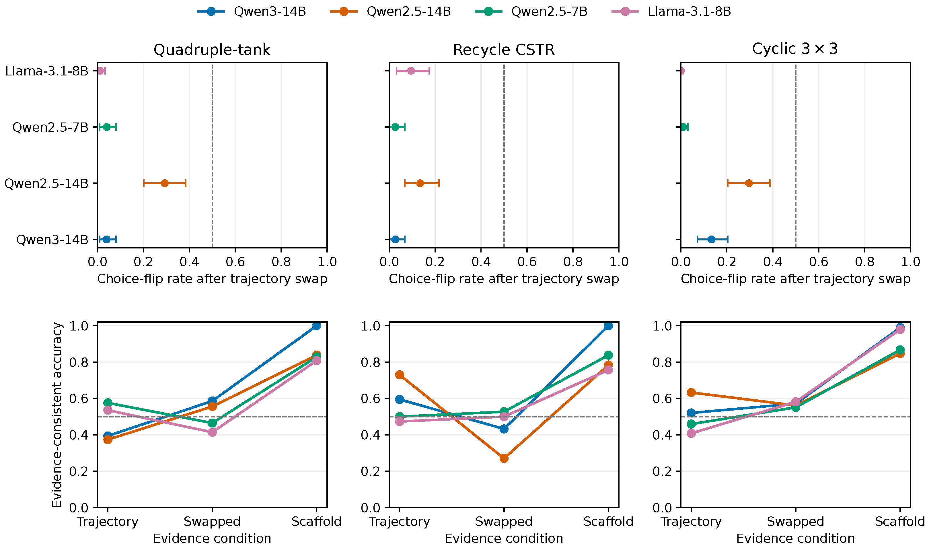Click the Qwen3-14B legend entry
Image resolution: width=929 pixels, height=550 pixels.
(252, 11)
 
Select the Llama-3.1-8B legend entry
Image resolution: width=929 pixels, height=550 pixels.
(671, 11)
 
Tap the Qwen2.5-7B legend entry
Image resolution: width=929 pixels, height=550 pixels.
(531, 11)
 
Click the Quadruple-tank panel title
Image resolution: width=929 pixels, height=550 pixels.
(212, 50)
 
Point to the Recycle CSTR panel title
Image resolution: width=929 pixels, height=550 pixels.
(504, 50)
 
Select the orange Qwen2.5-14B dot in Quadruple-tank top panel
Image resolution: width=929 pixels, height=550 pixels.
(164, 183)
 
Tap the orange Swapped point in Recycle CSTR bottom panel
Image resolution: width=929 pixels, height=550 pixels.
(504, 458)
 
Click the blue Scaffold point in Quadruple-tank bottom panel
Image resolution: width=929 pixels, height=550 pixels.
(316, 326)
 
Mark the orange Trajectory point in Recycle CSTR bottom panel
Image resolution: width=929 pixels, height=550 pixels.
(400, 375)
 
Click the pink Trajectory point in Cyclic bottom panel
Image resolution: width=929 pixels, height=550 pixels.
(691, 433)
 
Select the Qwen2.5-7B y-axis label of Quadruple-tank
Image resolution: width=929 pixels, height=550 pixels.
(50, 127)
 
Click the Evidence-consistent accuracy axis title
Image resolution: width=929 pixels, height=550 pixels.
(57, 415)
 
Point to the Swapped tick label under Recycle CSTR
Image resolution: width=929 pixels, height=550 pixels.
(504, 522)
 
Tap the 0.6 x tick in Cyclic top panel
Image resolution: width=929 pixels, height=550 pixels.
(819, 262)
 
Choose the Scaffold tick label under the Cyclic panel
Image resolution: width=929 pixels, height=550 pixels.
(900, 522)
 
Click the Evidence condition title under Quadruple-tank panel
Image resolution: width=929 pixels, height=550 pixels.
(212, 539)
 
